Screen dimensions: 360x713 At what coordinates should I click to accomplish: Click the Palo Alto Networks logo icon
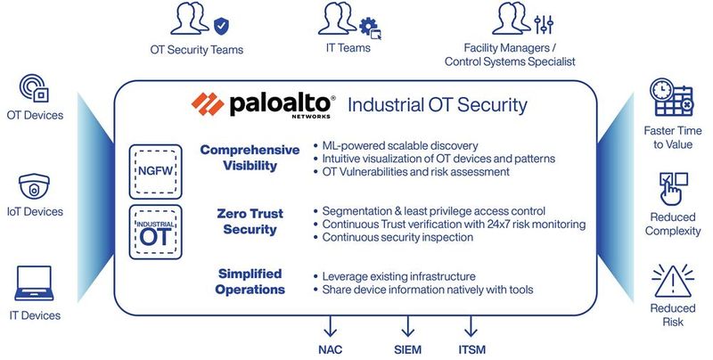point(209,104)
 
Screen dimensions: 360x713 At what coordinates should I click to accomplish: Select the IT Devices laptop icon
point(35,286)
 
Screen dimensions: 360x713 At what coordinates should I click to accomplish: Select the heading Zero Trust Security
point(250,222)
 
